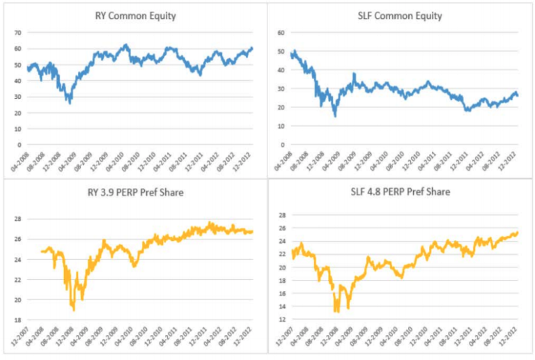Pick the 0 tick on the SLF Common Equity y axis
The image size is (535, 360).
[281, 145]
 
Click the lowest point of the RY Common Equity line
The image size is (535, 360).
[69, 104]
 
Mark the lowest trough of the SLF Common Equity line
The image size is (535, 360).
[335, 116]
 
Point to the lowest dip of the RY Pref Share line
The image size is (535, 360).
[72, 310]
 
